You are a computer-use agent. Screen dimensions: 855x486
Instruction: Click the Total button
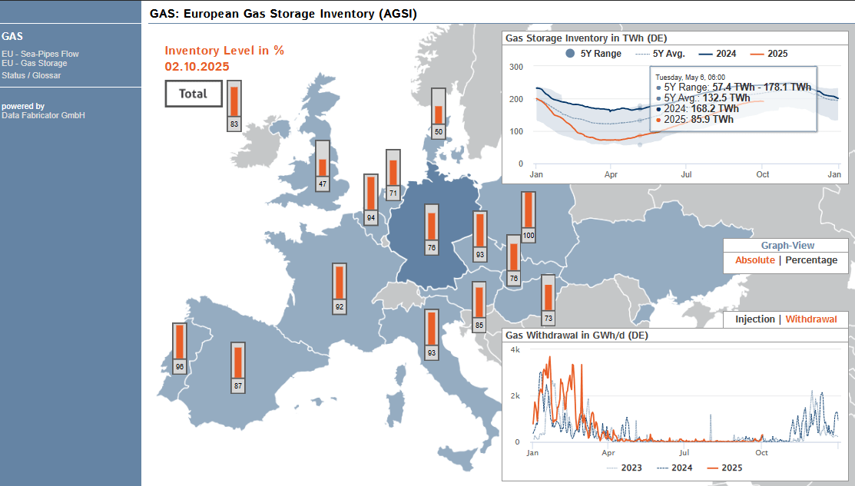tap(194, 94)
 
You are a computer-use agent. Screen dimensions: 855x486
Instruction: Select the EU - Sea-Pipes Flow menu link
tap(41, 54)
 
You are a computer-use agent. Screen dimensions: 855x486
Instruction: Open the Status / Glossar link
tap(31, 75)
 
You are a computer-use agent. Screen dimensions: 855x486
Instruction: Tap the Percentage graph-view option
tap(811, 260)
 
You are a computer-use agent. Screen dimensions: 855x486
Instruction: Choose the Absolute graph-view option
tap(754, 260)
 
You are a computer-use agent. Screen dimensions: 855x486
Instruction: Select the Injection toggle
tap(754, 319)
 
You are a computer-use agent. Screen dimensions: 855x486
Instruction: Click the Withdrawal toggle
tap(811, 319)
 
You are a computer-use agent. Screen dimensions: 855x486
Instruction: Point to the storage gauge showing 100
tap(529, 217)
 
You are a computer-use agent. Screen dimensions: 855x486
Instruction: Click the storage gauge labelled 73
tap(548, 299)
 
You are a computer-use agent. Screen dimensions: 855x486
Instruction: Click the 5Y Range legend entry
tap(593, 54)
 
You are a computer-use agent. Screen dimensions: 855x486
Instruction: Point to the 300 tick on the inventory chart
tap(515, 67)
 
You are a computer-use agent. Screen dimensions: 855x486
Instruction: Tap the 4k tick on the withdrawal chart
tap(515, 350)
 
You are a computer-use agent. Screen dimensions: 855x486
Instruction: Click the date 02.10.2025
tap(197, 67)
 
